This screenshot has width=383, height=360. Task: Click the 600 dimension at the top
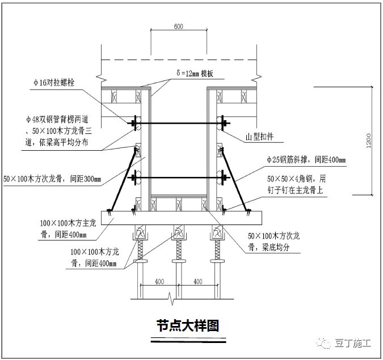coord(178,27)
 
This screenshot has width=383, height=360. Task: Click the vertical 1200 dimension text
coord(369,139)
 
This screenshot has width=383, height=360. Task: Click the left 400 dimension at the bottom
coord(159,281)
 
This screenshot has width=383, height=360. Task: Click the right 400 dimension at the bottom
coord(197,281)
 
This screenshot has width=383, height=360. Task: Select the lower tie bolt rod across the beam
coord(179,179)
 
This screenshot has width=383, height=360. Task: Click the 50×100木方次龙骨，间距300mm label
coord(52,179)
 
